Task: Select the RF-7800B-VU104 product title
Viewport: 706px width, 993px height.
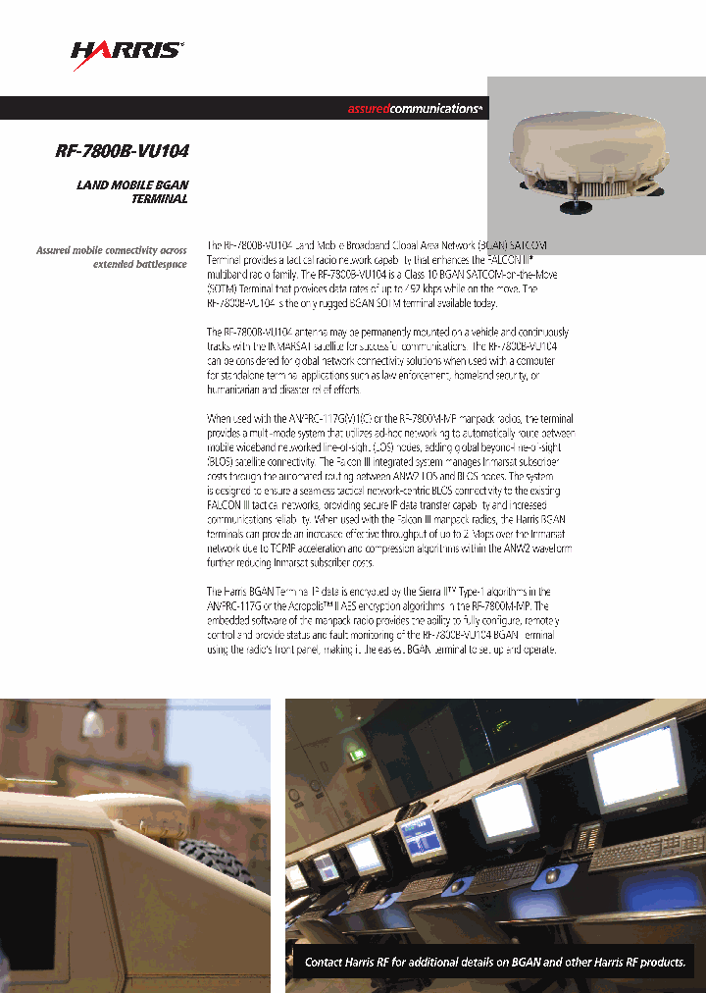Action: pyautogui.click(x=122, y=152)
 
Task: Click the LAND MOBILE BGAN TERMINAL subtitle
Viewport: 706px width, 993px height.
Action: pyautogui.click(x=132, y=191)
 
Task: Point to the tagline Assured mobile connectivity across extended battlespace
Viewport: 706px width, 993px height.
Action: pyautogui.click(x=112, y=257)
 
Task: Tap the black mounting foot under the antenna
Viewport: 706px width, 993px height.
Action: pyautogui.click(x=573, y=206)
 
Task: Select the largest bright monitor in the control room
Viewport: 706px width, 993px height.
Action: pyautogui.click(x=638, y=764)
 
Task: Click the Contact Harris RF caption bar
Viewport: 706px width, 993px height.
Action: pyautogui.click(x=494, y=962)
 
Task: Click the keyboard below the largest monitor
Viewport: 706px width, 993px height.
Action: pyautogui.click(x=647, y=852)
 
